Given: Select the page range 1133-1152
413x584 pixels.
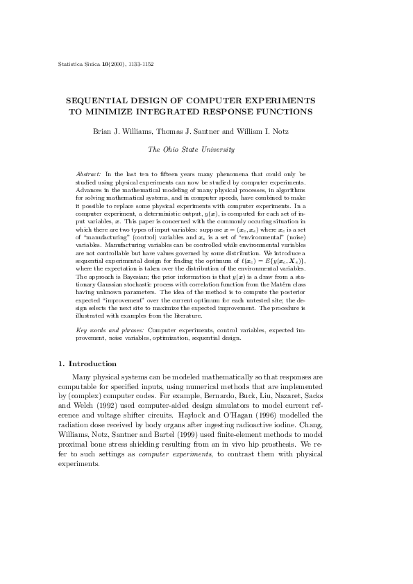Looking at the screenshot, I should pos(140,64).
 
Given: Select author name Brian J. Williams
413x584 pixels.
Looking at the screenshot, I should pos(121,131).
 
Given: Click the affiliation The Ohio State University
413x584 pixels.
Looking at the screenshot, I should pos(192,149).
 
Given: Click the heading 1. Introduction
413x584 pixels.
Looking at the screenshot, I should pos(87,363).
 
